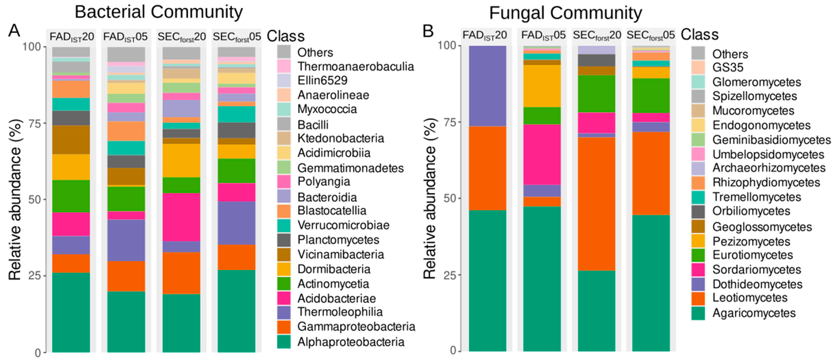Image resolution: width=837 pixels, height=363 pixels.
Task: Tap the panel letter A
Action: point(14,31)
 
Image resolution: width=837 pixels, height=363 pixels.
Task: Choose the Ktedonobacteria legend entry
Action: point(341,139)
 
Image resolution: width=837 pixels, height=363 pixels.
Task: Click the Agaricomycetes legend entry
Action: point(754,313)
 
